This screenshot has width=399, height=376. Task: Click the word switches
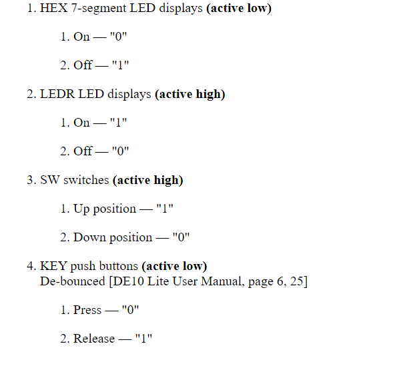pos(86,180)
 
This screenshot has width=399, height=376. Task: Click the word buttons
pos(119,267)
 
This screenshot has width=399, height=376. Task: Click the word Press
pos(87,310)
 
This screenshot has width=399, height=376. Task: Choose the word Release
pos(94,339)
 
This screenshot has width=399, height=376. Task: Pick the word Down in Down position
pos(89,237)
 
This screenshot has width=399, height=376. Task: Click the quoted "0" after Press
pos(130,310)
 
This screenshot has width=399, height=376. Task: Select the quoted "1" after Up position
pos(164,209)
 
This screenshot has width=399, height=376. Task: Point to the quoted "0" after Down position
pos(179,237)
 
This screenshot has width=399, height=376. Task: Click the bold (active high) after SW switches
pos(148,180)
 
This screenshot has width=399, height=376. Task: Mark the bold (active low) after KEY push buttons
pos(174,267)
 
